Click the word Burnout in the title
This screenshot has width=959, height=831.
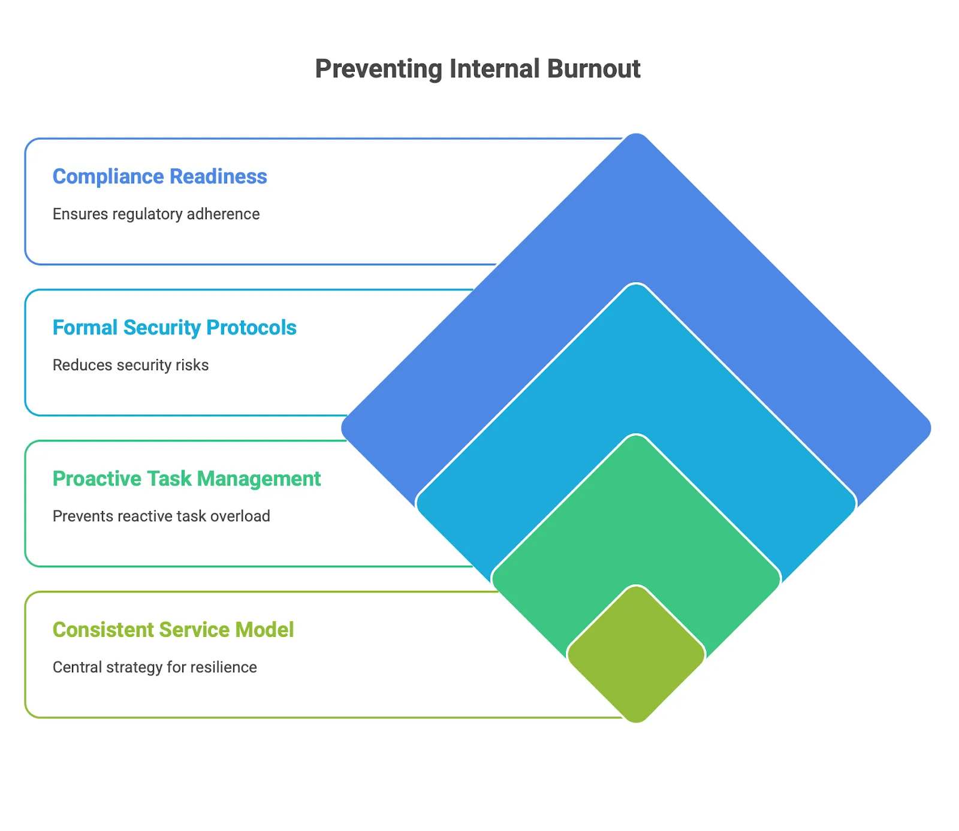pos(593,69)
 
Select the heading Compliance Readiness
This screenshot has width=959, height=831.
pos(159,177)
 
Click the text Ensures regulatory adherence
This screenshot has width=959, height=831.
pos(156,214)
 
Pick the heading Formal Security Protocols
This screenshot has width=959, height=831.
pos(174,328)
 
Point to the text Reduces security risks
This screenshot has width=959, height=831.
pos(131,365)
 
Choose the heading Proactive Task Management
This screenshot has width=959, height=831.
pos(186,479)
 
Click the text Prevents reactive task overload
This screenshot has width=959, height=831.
pos(161,516)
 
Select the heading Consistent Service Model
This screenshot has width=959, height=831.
pos(173,630)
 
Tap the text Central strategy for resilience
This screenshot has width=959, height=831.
pos(155,667)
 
